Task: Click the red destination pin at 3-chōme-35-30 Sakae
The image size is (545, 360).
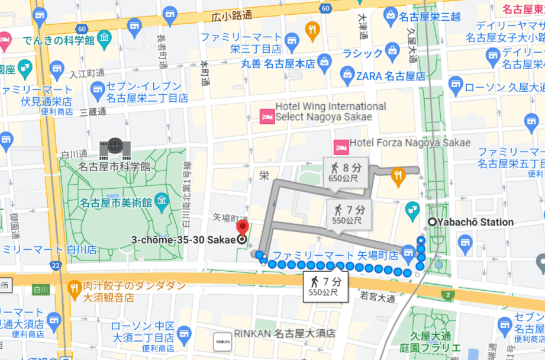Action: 242,229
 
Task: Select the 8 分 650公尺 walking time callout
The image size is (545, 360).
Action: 345,172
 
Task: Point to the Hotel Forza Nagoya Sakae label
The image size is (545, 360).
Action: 409,143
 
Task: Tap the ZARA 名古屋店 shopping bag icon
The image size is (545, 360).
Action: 348,75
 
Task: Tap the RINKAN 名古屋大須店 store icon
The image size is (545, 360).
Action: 222,341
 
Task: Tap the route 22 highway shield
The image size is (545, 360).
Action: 55,265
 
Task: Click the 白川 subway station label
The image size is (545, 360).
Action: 40,290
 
